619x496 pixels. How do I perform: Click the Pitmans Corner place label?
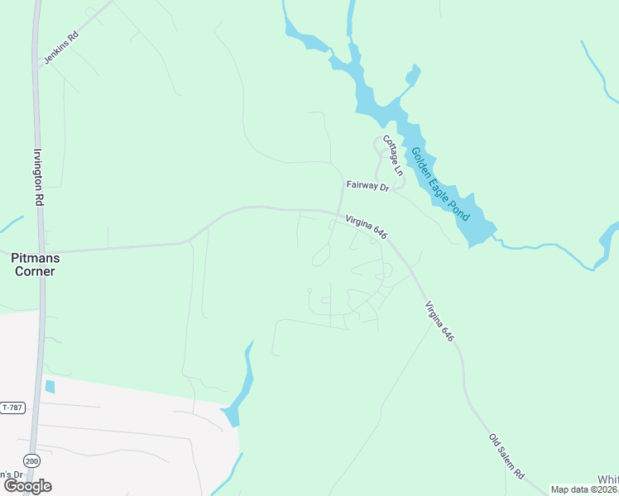(x=34, y=264)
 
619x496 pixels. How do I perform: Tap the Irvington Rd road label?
(x=38, y=177)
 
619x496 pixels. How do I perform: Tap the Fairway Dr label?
(x=367, y=188)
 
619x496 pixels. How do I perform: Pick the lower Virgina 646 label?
(x=440, y=322)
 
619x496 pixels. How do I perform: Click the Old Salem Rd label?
(x=506, y=457)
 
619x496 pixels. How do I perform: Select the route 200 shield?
(x=31, y=460)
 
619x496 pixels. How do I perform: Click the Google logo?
(x=28, y=486)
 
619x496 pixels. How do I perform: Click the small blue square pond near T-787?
(x=50, y=386)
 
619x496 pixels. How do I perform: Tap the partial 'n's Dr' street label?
(x=9, y=474)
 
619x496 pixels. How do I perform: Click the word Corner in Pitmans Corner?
(x=34, y=270)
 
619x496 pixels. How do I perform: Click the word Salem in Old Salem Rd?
(x=506, y=458)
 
